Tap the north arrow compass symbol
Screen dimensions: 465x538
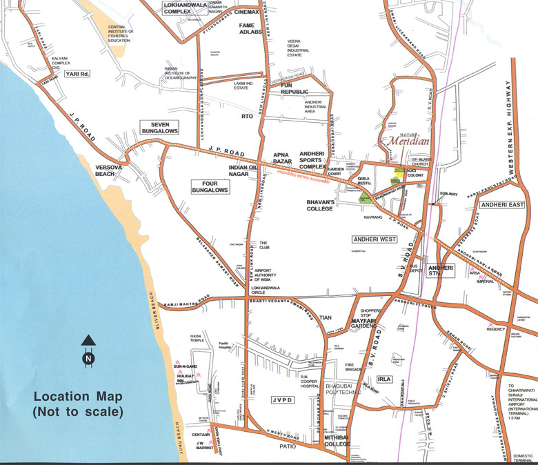(88, 350)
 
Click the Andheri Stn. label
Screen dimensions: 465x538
(439, 270)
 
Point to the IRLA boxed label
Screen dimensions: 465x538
(384, 379)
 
